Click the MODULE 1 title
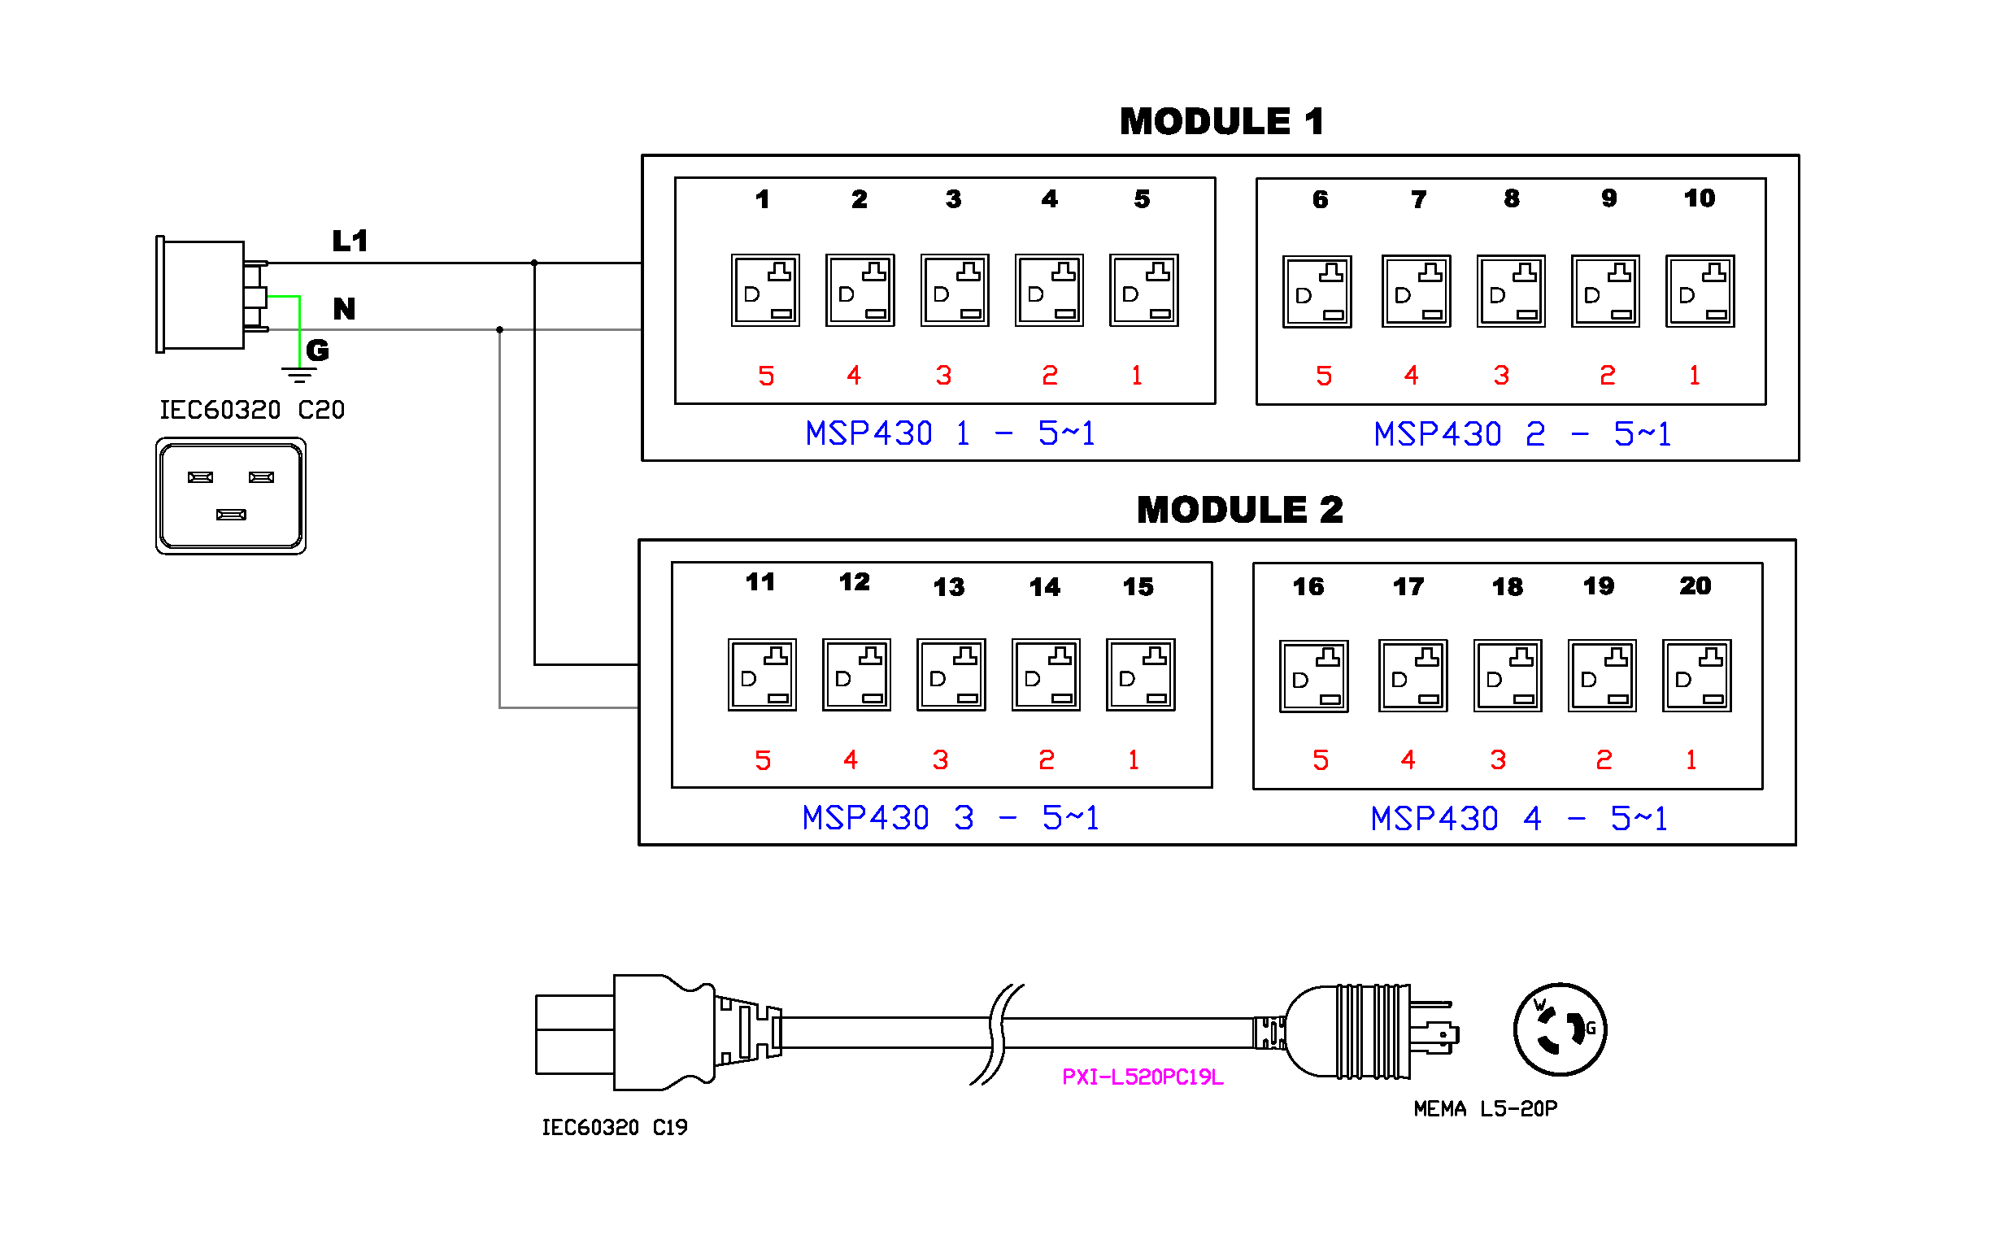1221,122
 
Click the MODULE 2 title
1239,510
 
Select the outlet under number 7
1416,291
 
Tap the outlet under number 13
951,675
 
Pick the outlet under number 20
1696,676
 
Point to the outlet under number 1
765,290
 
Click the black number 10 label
1699,198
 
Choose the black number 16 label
1308,587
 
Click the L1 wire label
350,241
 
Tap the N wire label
345,309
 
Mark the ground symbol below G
298,376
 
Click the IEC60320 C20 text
252,410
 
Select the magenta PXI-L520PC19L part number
1142,1077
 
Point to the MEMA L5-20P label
1485,1110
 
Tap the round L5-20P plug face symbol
1559,1030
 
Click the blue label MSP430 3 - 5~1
950,819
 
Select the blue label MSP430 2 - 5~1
1521,435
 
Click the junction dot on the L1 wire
535,263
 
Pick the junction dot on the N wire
500,329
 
